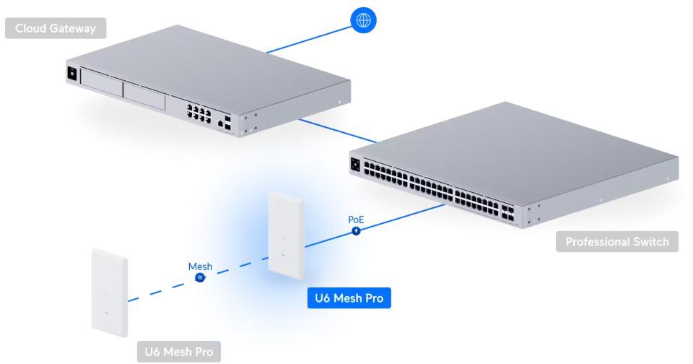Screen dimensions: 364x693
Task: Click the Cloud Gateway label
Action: point(54,28)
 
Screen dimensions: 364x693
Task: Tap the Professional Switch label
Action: point(617,241)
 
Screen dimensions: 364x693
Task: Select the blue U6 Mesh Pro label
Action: point(349,298)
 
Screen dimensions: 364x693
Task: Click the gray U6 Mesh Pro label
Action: point(179,352)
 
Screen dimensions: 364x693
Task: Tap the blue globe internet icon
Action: point(363,20)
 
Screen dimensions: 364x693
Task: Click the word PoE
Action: point(356,219)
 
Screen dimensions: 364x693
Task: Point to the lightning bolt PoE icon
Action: point(356,231)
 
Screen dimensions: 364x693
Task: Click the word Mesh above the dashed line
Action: point(200,266)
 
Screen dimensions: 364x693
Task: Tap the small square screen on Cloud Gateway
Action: point(71,73)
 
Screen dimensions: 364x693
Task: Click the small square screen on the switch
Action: point(355,165)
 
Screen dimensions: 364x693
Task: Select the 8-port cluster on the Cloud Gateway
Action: point(199,114)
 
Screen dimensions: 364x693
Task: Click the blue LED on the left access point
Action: point(108,313)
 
